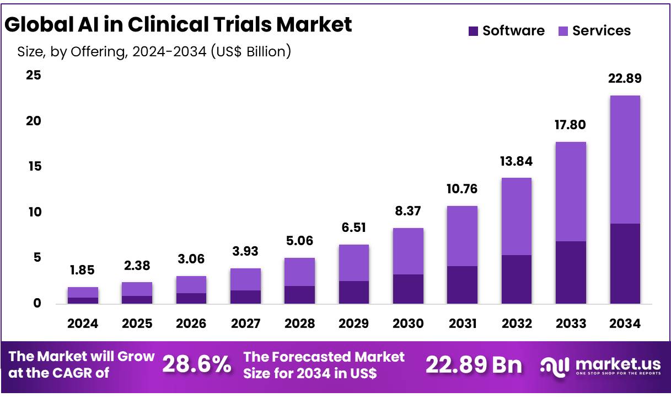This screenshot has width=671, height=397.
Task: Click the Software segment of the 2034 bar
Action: click(625, 263)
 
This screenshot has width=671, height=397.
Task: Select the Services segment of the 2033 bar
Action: click(571, 192)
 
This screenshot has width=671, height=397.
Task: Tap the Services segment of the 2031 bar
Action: click(462, 236)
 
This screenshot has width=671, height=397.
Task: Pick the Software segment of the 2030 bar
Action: click(408, 289)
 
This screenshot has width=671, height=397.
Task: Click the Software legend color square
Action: click(473, 31)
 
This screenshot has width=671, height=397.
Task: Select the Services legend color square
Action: click(563, 31)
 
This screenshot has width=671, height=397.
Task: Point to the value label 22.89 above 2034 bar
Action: click(625, 78)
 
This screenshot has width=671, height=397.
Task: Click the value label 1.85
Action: click(83, 271)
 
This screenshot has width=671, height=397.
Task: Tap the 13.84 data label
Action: click(516, 161)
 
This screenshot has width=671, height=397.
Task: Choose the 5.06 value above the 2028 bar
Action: click(299, 241)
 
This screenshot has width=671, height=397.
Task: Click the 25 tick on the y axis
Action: click(34, 75)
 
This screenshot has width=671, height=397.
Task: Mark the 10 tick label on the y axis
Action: click(34, 212)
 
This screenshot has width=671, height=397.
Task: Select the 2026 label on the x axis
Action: click(191, 324)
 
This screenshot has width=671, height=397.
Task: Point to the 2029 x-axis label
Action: click(354, 324)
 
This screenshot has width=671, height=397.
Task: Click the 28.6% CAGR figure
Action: click(197, 364)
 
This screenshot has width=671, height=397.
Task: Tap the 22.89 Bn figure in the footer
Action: click(474, 364)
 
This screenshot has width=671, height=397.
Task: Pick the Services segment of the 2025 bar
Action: click(137, 289)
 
